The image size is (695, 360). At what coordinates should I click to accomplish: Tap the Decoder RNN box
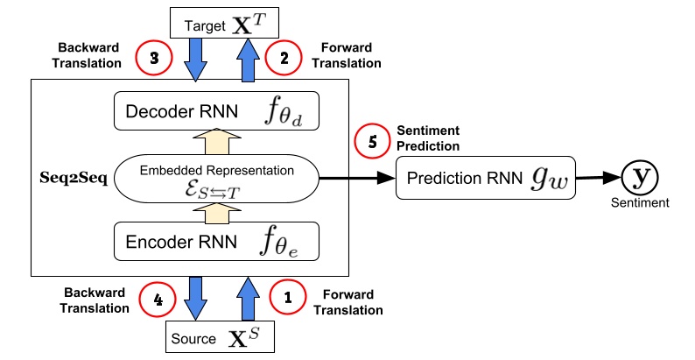point(216,112)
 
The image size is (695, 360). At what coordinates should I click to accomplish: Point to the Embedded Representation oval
point(216,177)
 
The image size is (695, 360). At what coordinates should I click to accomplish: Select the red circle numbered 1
point(288,296)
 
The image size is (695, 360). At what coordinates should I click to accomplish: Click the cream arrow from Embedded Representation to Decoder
point(216,142)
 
